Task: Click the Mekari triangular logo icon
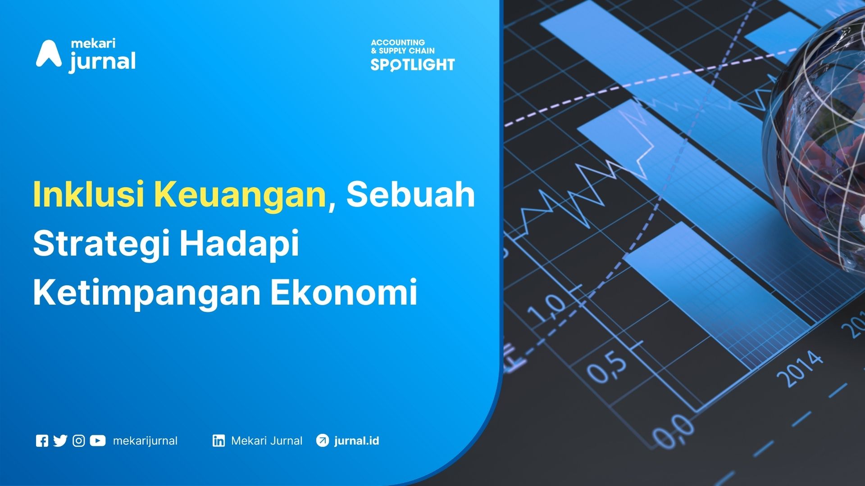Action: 49,54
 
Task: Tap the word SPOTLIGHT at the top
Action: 413,65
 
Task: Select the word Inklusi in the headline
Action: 89,194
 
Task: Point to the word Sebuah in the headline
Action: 410,194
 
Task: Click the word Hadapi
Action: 239,243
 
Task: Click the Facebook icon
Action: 42,441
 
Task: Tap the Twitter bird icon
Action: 60,441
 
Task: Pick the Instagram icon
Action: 79,441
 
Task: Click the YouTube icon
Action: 98,441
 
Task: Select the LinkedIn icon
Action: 219,441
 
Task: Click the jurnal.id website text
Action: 356,441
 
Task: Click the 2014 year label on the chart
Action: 800,369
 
